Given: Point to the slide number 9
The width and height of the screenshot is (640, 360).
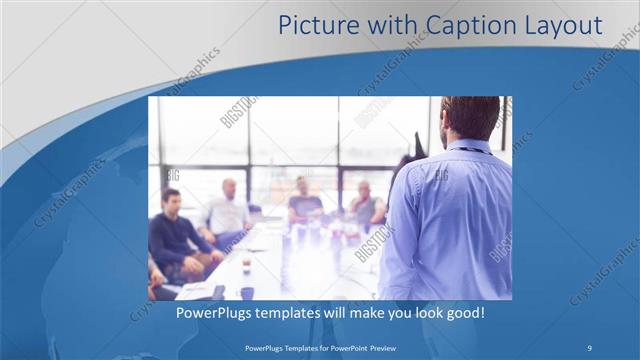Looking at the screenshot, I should [589, 347].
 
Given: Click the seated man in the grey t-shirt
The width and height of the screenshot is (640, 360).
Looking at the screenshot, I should [304, 200].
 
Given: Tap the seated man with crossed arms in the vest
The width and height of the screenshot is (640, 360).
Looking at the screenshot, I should [365, 205].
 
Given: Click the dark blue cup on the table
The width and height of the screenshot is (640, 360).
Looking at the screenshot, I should [247, 293].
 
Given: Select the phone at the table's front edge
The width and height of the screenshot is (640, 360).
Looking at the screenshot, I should [219, 293].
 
